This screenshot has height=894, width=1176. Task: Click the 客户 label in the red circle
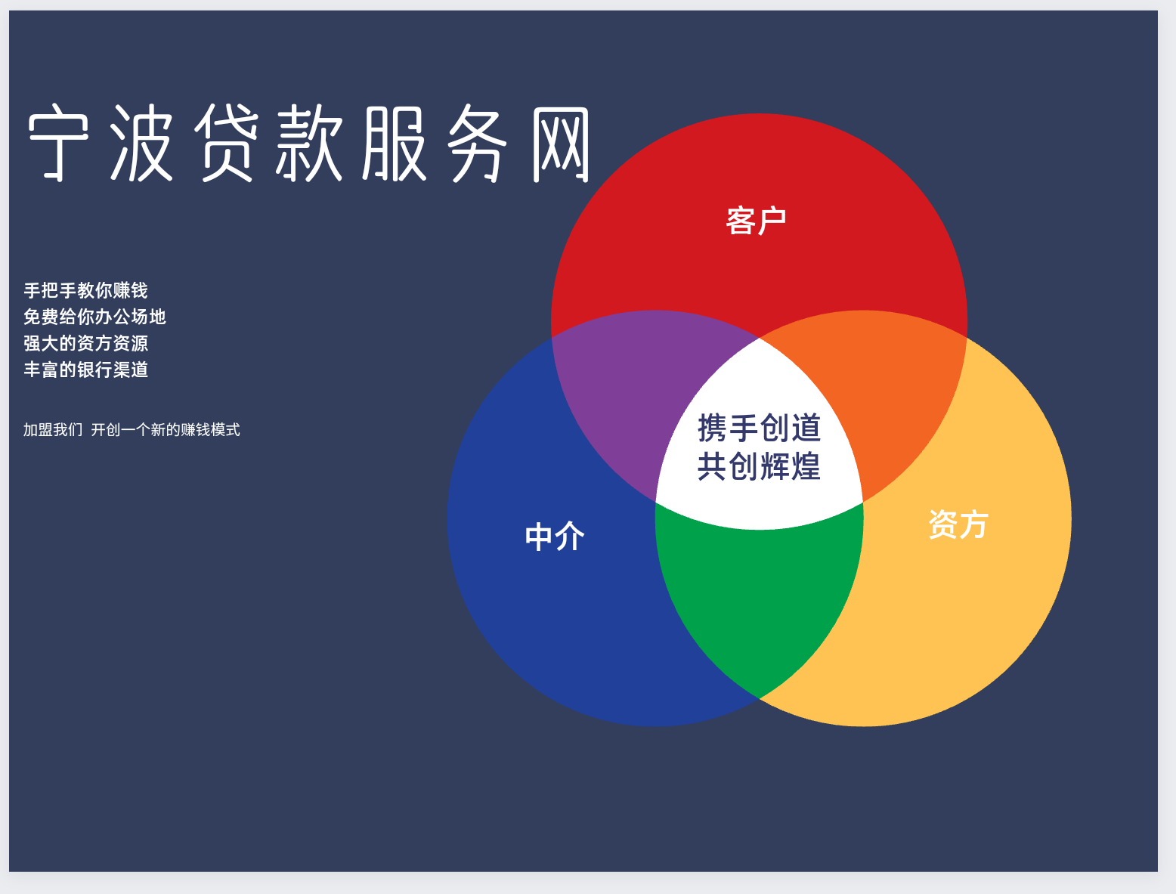[x=756, y=220]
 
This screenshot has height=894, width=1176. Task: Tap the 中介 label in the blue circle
[x=555, y=537]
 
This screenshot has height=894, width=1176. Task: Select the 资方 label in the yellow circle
[x=958, y=524]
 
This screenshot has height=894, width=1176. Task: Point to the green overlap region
[x=759, y=595]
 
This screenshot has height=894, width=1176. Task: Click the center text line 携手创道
[x=759, y=428]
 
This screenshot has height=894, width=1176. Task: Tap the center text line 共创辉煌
[x=759, y=466]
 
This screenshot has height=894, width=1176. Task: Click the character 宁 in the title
[x=58, y=142]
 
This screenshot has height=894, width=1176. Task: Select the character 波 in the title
[x=141, y=142]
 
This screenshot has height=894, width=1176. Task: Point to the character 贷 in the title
[x=226, y=142]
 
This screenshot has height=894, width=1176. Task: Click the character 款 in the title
[x=308, y=142]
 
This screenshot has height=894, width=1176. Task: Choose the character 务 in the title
[x=477, y=142]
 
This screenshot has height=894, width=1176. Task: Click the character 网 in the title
[x=560, y=144]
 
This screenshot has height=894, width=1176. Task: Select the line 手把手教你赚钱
[x=85, y=290]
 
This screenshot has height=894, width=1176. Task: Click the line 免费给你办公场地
[x=94, y=317]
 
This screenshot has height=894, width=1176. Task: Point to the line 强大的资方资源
[x=85, y=343]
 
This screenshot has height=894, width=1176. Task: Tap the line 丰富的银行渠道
[x=85, y=369]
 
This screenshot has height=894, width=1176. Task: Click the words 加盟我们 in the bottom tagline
[x=53, y=429]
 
